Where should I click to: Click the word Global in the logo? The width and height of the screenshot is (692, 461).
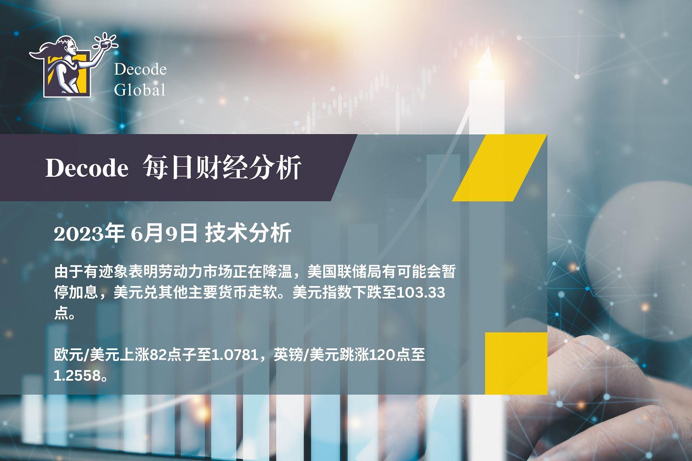click(x=140, y=89)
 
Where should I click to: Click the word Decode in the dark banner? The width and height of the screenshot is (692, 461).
click(x=87, y=168)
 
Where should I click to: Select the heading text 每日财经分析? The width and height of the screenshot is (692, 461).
click(x=222, y=167)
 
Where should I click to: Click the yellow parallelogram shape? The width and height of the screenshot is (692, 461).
click(x=499, y=168)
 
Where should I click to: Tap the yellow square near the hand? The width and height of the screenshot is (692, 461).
click(x=516, y=363)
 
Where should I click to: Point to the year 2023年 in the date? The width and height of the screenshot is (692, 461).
click(x=89, y=234)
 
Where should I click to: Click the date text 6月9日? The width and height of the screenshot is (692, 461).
click(x=164, y=234)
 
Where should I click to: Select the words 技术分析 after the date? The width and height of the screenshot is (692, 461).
click(x=248, y=234)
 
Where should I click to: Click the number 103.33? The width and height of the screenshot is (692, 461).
click(x=420, y=292)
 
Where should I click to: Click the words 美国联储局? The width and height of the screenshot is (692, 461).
click(x=344, y=272)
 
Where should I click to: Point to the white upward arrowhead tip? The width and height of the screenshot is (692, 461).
click(x=488, y=47)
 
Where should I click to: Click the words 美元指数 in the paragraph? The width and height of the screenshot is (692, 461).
click(x=322, y=292)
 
